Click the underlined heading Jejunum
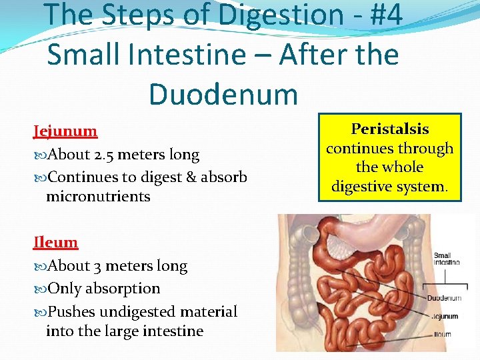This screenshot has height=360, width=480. click(65, 131)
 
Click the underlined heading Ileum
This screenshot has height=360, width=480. click(55, 243)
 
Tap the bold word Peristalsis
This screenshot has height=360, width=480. click(390, 129)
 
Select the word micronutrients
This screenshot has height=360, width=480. click(98, 197)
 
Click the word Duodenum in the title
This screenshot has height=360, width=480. click(223, 94)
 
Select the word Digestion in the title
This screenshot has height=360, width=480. click(262, 15)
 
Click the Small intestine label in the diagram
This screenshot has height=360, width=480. click(446, 259)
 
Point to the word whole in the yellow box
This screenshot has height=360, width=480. click(403, 167)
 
